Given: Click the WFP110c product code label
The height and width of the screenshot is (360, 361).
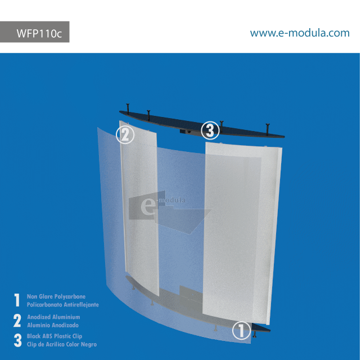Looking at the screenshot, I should point(39,33).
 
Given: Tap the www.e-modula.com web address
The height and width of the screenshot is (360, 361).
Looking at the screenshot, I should point(300,33).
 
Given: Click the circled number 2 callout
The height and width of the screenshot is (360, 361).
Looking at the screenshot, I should point(125,135).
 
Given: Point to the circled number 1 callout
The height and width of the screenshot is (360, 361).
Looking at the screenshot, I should point(241,331).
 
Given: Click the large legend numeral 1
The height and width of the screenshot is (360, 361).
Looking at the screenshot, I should point(17,300).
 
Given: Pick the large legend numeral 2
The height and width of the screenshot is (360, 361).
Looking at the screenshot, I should point(17,321).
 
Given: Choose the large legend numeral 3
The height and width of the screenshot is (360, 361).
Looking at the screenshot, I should point(17,340).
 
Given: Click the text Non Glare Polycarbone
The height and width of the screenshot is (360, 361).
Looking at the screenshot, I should point(56,296).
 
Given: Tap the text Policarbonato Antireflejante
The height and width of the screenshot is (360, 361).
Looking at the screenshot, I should point(63,304).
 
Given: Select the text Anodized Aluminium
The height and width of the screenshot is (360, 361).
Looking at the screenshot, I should point(53,317).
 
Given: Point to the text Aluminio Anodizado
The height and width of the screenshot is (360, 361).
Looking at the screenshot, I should point(53,325).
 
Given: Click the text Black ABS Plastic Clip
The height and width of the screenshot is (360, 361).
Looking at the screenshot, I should point(55,336).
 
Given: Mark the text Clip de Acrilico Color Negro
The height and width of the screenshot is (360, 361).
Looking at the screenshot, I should point(62,344).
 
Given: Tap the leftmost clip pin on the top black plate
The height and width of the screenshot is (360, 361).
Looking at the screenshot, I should point(129,106).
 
